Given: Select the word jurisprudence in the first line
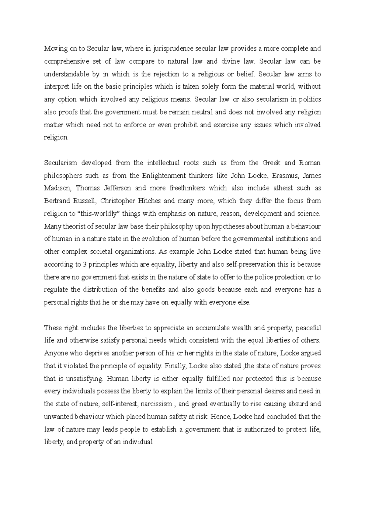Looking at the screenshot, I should pyautogui.click(x=173, y=49).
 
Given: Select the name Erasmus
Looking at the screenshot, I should pyautogui.click(x=286, y=176).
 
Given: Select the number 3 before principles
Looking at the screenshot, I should pyautogui.click(x=84, y=264).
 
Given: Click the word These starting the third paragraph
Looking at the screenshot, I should pyautogui.click(x=53, y=328).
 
